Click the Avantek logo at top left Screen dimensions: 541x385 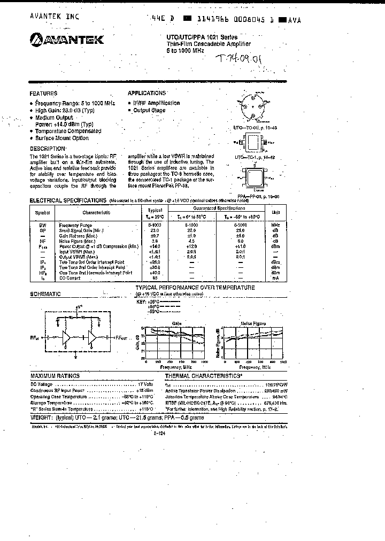pos(66,39)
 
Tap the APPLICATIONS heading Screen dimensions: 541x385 pos(147,92)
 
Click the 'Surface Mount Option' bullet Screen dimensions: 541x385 pos(61,138)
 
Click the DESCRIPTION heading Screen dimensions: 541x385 pos(48,149)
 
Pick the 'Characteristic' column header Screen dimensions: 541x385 pos(96,212)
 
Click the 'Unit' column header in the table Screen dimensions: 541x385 pos(275,212)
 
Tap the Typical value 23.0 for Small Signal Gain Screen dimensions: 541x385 pos(155,230)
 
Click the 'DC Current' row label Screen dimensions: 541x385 pos(70,278)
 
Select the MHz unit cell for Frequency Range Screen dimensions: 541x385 pos(275,225)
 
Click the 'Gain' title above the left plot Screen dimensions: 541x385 pos(177,323)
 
